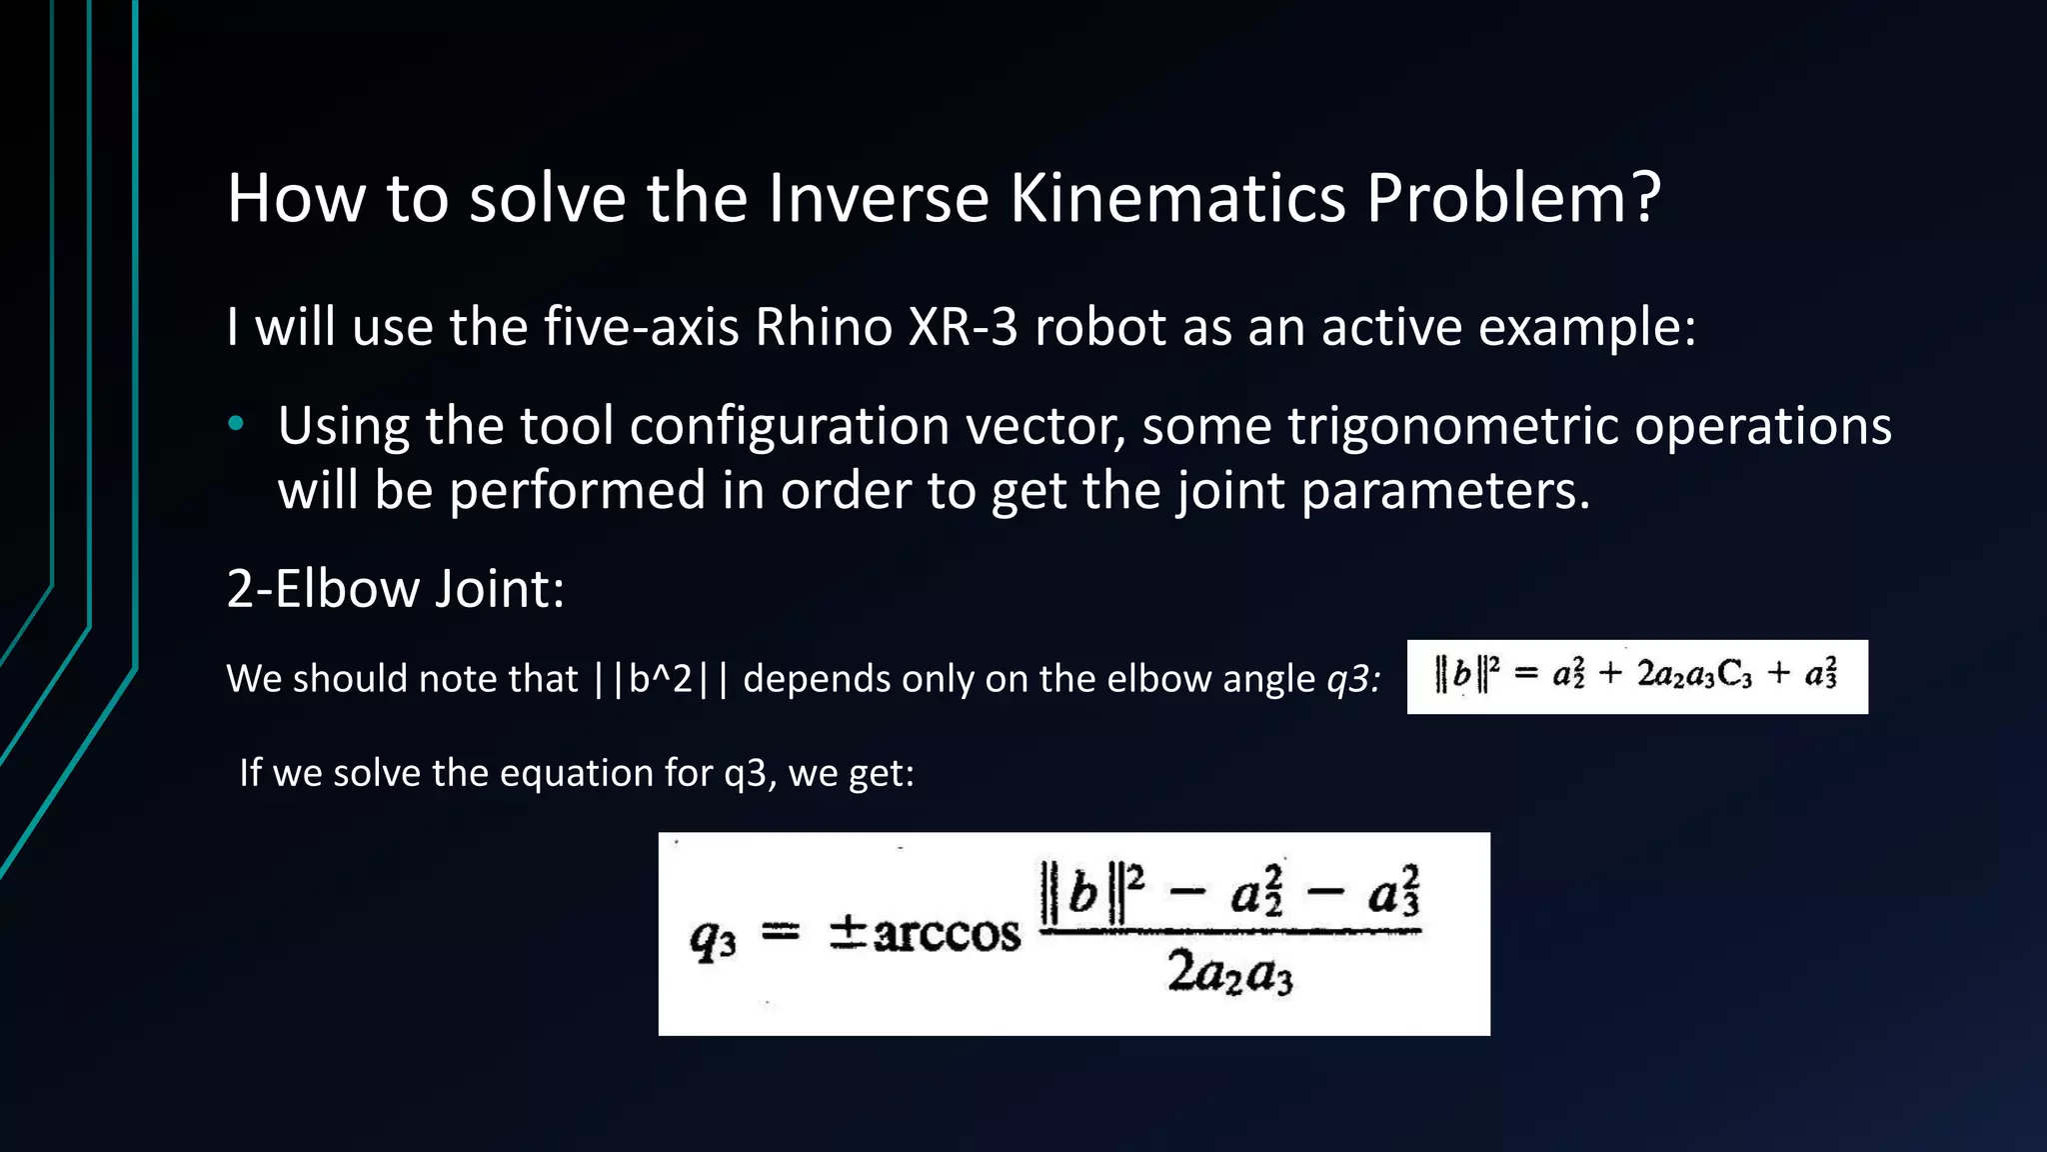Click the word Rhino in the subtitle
(823, 327)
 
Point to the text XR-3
(963, 327)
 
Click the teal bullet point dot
(236, 425)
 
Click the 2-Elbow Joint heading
(396, 588)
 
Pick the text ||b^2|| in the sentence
(661, 679)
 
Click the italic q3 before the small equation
(1352, 679)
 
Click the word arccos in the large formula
(947, 934)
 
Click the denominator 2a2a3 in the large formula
(1229, 972)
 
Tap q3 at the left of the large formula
(713, 939)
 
